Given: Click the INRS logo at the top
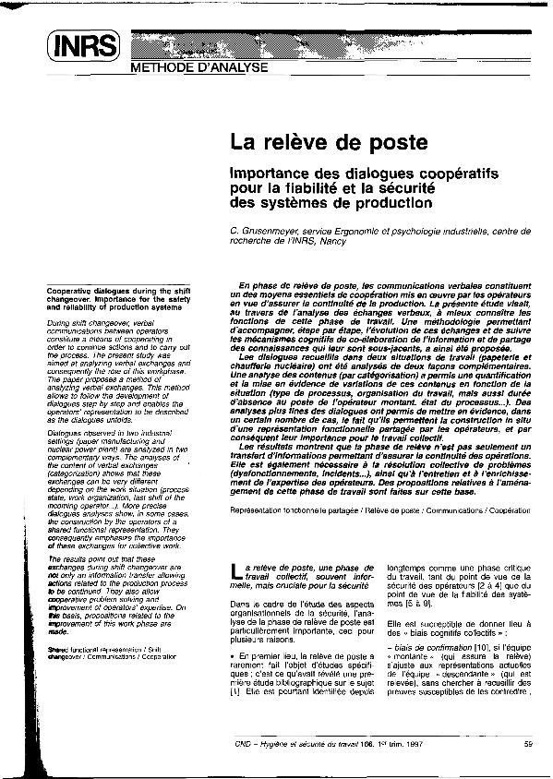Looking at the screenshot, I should click(83, 43).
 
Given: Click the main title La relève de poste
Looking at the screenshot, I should click(328, 143).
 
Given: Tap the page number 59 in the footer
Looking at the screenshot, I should click(525, 743).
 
